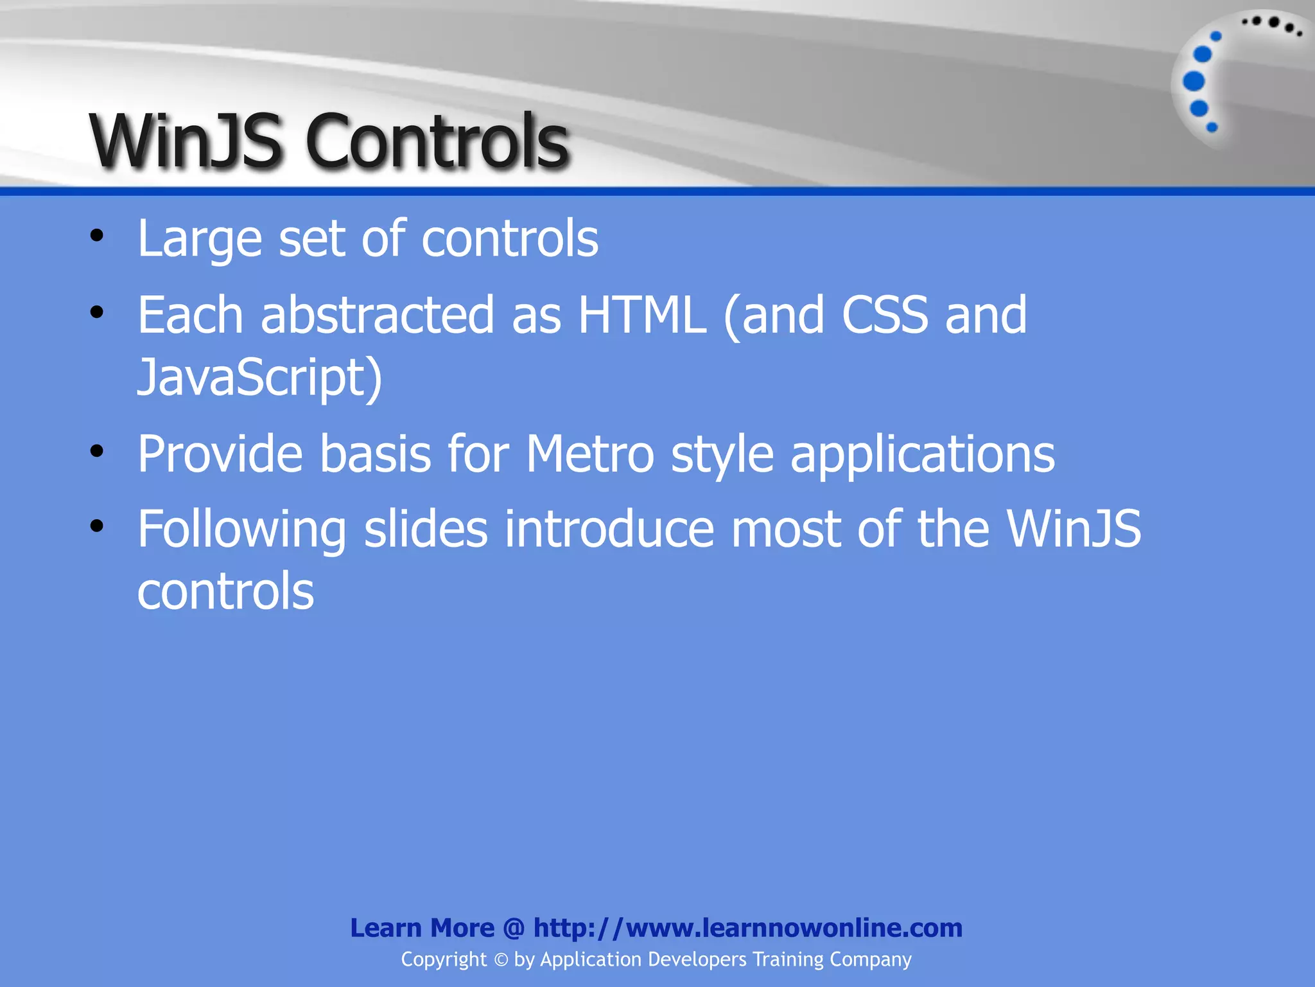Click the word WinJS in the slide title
point(186,141)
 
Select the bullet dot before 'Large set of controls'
point(97,236)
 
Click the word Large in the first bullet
point(200,239)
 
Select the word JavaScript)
point(260,377)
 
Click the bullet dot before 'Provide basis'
point(97,452)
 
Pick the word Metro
point(589,454)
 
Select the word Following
point(242,530)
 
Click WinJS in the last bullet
point(1074,529)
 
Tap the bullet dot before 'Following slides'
point(97,526)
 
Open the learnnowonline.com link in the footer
point(747,928)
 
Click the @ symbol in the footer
point(514,928)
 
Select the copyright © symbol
point(501,960)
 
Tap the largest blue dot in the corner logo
point(1194,82)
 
